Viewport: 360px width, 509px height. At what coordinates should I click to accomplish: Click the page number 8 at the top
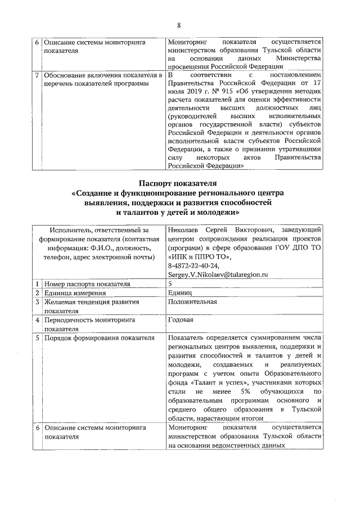pyautogui.click(x=179, y=25)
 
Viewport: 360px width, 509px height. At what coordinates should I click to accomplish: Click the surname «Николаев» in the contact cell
pyautogui.click(x=185, y=229)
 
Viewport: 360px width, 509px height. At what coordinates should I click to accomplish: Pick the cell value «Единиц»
pyautogui.click(x=181, y=292)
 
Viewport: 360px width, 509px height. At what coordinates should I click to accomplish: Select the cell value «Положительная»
pyautogui.click(x=192, y=302)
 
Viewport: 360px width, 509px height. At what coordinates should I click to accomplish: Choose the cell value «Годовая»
pyautogui.click(x=181, y=319)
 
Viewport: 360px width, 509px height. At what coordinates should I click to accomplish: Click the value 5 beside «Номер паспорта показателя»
pyautogui.click(x=170, y=283)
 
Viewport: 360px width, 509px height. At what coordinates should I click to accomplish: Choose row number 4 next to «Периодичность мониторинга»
pyautogui.click(x=37, y=319)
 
